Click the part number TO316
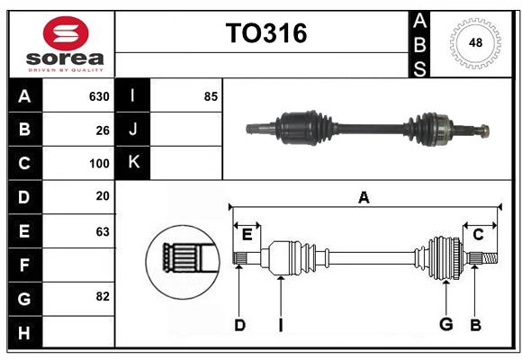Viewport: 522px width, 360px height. (x=265, y=33)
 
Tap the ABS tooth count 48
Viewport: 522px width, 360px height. (x=473, y=43)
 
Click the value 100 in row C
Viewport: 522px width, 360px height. (x=99, y=164)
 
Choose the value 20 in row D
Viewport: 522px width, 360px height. (x=103, y=197)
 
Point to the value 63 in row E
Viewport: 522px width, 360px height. (x=103, y=231)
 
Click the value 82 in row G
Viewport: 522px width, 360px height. (x=103, y=296)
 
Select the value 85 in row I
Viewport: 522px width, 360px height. (x=211, y=96)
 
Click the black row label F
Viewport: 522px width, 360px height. (x=24, y=265)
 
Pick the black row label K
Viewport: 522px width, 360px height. (x=133, y=163)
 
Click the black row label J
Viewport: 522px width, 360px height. (x=133, y=130)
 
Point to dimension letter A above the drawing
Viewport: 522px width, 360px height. (x=364, y=198)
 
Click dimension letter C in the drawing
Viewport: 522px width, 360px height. (x=478, y=235)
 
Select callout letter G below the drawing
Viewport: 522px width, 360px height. (x=445, y=325)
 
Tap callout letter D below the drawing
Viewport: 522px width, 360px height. (x=239, y=325)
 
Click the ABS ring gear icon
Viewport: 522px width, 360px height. (x=473, y=43)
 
